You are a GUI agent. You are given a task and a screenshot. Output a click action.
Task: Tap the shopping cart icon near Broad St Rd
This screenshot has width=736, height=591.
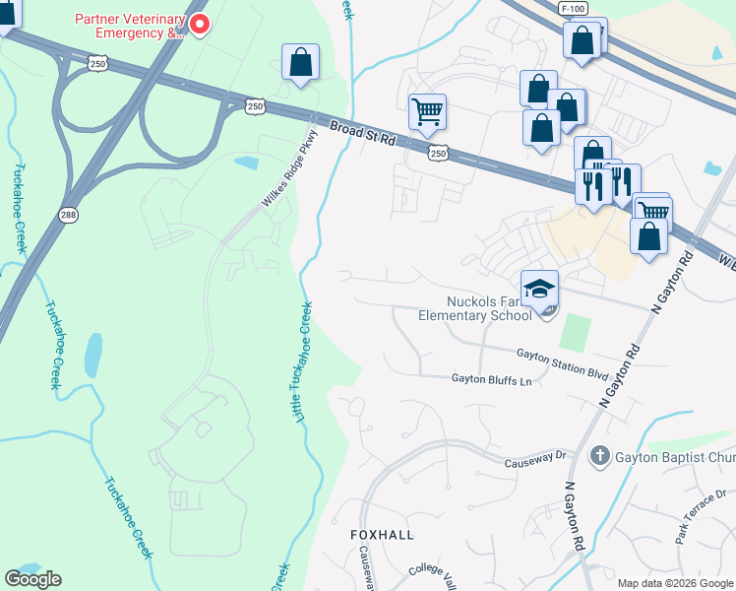click(427, 111)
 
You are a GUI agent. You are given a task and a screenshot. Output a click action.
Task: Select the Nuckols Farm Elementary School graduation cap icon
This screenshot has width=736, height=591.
click(539, 288)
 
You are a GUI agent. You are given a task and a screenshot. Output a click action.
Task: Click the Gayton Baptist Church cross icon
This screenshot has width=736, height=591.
click(599, 456)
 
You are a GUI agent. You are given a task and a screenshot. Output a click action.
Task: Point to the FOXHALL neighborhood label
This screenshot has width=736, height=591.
click(383, 534)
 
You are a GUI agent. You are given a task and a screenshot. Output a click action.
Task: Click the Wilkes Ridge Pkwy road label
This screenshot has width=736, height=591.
click(290, 168)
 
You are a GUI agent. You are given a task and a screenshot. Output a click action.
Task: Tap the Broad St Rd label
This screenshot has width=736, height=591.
click(362, 134)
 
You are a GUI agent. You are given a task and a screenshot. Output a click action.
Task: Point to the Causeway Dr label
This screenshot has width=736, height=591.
click(536, 455)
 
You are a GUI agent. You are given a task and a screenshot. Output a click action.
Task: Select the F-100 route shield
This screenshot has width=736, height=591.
click(575, 8)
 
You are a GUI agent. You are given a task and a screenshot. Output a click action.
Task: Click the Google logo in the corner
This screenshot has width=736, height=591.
click(32, 579)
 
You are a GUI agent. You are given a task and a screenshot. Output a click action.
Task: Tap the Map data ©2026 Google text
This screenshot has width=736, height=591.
click(674, 583)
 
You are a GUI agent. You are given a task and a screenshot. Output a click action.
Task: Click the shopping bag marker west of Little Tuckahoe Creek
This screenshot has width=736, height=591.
click(301, 62)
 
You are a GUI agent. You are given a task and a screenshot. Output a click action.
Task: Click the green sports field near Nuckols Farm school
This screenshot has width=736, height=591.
click(576, 332)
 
